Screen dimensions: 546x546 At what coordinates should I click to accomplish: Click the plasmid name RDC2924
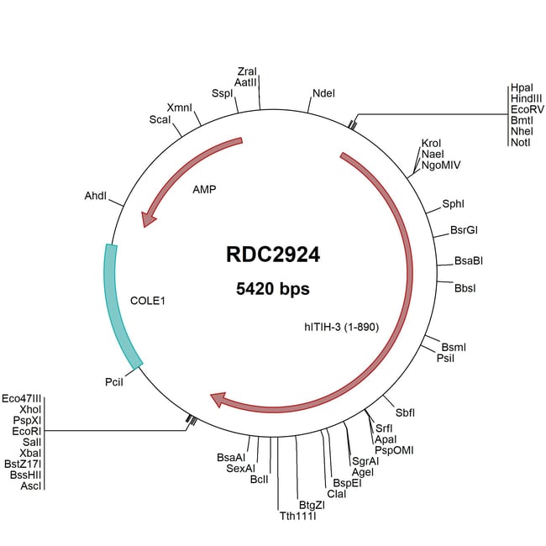point(273,255)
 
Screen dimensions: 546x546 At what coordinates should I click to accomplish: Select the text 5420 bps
point(273,289)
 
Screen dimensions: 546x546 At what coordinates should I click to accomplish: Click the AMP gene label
point(204,190)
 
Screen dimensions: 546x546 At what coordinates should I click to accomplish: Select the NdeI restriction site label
point(323,93)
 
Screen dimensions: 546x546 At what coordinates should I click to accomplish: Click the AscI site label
point(31,485)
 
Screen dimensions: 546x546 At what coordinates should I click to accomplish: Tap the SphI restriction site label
point(453,204)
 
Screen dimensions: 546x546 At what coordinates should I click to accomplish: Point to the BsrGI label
point(465,230)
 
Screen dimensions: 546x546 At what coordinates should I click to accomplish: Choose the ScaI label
point(160,120)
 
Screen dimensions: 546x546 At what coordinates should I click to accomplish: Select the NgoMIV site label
point(441,165)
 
